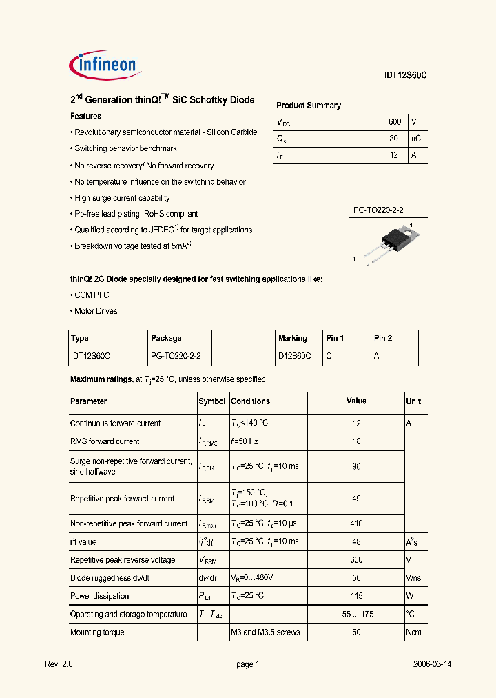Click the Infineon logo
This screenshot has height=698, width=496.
pyautogui.click(x=106, y=66)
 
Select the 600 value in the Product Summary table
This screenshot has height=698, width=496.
pyautogui.click(x=394, y=122)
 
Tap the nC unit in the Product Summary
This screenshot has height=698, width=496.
pyautogui.click(x=415, y=139)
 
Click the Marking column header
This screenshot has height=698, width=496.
pyautogui.click(x=292, y=339)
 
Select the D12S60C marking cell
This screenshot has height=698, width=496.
pyautogui.click(x=294, y=357)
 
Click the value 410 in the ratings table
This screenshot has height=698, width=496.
pyautogui.click(x=356, y=524)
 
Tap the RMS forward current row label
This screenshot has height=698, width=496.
pyautogui.click(x=105, y=442)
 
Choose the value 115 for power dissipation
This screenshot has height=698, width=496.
pyautogui.click(x=356, y=597)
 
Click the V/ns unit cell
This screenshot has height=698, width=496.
pyautogui.click(x=413, y=579)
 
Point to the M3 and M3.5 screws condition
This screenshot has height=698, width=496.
pyautogui.click(x=265, y=632)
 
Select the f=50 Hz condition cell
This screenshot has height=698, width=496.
pyautogui.click(x=245, y=442)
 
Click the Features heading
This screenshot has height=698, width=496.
pyautogui.click(x=86, y=117)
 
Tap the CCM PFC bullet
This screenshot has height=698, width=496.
pyautogui.click(x=91, y=295)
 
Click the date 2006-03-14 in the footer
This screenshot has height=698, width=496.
pyautogui.click(x=432, y=664)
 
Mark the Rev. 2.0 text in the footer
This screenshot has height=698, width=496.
pyautogui.click(x=59, y=664)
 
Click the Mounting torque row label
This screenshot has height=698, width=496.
pyautogui.click(x=97, y=632)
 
